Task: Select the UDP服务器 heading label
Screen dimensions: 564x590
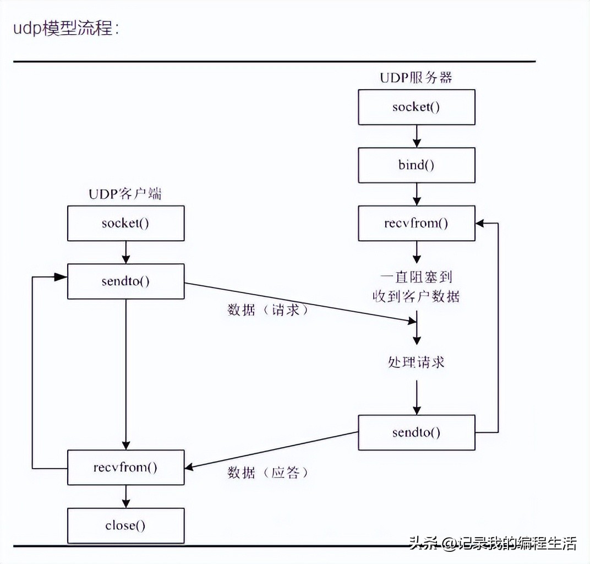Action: [416, 77]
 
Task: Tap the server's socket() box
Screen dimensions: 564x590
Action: [416, 107]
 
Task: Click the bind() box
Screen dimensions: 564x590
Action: [416, 165]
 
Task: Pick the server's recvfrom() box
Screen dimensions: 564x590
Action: [416, 223]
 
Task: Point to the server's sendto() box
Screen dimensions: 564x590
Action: [416, 432]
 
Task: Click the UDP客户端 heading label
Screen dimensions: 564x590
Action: [125, 194]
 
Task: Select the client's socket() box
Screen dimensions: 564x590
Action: [125, 224]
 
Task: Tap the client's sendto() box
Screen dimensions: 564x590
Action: [125, 281]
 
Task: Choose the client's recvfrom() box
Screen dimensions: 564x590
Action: [125, 468]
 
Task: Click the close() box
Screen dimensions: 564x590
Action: [125, 525]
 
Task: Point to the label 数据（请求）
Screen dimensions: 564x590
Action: [268, 310]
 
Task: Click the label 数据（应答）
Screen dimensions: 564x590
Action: [268, 473]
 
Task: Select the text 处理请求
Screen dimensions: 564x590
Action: [416, 362]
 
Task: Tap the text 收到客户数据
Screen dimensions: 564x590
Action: [416, 296]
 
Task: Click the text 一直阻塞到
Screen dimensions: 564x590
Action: [416, 276]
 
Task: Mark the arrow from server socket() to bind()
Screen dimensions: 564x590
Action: [417, 136]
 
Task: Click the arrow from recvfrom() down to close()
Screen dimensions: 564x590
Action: [126, 496]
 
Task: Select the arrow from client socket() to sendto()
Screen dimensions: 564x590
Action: [126, 252]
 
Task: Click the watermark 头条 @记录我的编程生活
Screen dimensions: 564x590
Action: [492, 544]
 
